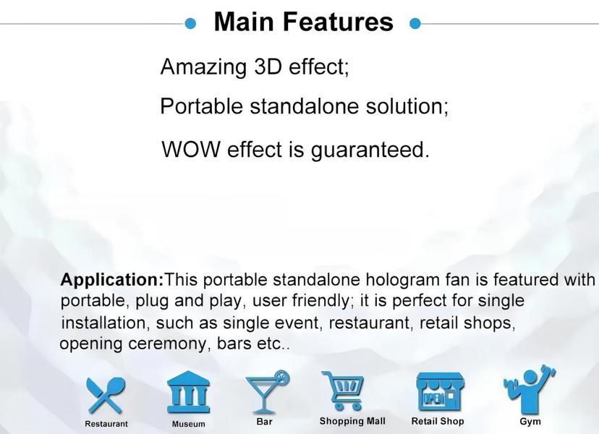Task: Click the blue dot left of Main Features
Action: point(190,24)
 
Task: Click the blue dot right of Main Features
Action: point(415,24)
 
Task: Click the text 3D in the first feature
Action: point(268,67)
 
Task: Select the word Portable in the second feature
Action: point(201,106)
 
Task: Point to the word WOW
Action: point(191,149)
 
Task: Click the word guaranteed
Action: point(370,150)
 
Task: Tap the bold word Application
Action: point(112,280)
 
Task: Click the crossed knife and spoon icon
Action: point(105,396)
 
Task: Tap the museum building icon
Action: point(189,392)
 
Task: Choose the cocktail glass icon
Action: point(267,391)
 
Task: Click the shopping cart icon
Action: point(343,391)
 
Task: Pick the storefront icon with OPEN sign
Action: point(440,392)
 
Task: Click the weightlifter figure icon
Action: point(530,390)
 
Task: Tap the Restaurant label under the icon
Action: point(106,424)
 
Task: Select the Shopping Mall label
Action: point(352,421)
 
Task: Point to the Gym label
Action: point(530,422)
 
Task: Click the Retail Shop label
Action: point(438,422)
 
